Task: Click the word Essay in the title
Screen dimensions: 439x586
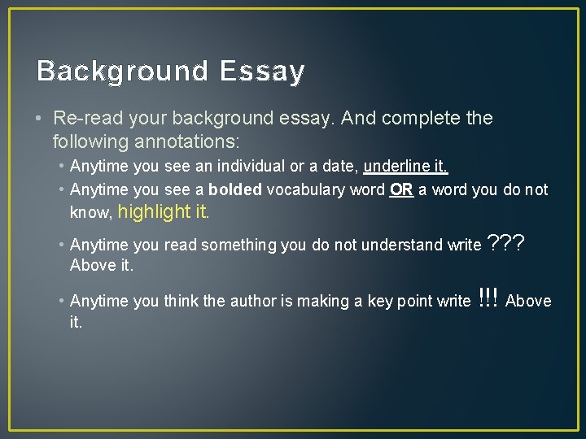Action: pos(260,72)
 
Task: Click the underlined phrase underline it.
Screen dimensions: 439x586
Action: pos(405,167)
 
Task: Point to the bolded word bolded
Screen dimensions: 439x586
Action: pos(235,190)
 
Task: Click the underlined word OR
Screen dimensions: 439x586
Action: pos(401,190)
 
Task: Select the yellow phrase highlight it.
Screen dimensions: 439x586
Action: pos(164,213)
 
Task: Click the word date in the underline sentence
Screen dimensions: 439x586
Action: pos(340,167)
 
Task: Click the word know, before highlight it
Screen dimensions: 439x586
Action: pos(91,214)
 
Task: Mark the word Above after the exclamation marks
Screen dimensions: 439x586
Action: pos(528,301)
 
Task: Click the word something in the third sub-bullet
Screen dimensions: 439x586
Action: pos(238,245)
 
